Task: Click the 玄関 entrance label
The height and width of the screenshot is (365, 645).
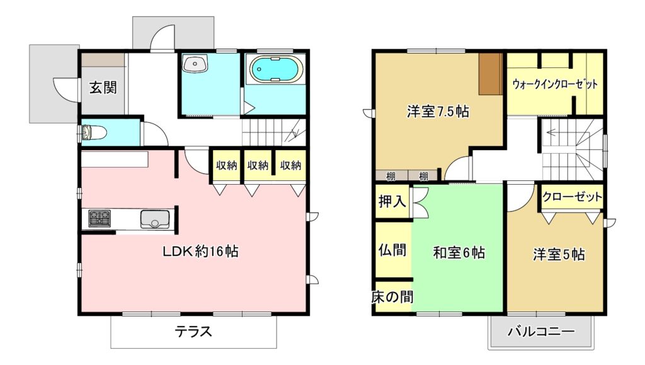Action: (103, 87)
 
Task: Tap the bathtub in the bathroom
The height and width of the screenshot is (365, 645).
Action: (277, 69)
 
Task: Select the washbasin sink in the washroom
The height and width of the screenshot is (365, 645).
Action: (195, 64)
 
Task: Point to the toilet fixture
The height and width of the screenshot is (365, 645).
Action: (94, 132)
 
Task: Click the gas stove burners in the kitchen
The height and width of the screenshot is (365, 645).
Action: (100, 217)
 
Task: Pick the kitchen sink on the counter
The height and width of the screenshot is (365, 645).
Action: (155, 219)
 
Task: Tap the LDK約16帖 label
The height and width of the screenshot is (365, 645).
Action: (200, 251)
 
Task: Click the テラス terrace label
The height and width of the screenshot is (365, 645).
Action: (193, 331)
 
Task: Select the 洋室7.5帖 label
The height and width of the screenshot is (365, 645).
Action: (438, 111)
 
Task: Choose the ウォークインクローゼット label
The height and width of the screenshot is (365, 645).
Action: (555, 84)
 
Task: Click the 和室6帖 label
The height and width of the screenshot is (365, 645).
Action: (459, 252)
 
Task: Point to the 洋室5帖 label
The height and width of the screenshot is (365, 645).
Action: (559, 254)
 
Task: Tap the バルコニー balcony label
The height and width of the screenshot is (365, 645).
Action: (540, 331)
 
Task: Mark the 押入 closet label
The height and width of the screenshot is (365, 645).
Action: (392, 201)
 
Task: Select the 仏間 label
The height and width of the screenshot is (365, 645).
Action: (392, 250)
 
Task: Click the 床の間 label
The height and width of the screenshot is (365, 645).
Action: (392, 297)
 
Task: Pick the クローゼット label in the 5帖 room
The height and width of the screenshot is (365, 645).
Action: (572, 197)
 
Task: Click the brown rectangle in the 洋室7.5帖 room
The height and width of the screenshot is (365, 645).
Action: (491, 74)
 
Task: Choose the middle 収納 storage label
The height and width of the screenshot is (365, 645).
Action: (258, 165)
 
